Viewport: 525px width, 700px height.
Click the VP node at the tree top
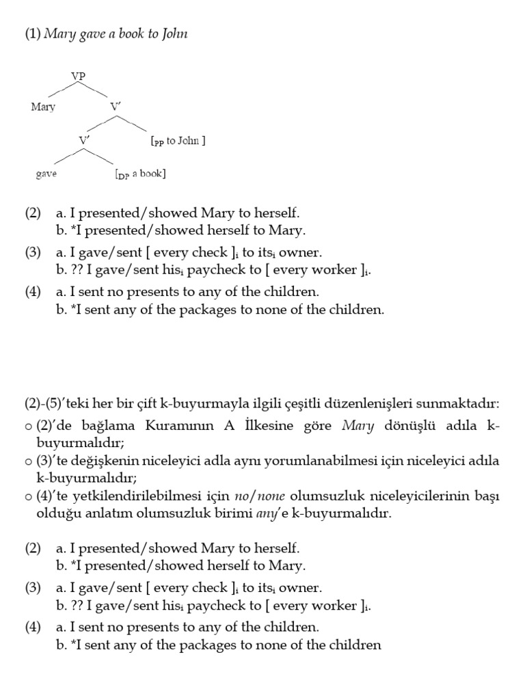tap(78, 77)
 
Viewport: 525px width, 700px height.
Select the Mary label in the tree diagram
tap(43, 107)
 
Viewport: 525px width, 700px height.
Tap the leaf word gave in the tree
tap(46, 174)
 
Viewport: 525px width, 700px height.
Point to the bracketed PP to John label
tap(178, 141)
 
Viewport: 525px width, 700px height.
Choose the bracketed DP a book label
tap(140, 174)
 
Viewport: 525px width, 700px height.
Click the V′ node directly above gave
tap(84, 140)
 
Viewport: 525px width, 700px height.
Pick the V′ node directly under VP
tap(116, 107)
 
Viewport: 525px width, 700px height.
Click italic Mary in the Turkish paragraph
tap(358, 426)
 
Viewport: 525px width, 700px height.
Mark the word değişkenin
tap(101, 461)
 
